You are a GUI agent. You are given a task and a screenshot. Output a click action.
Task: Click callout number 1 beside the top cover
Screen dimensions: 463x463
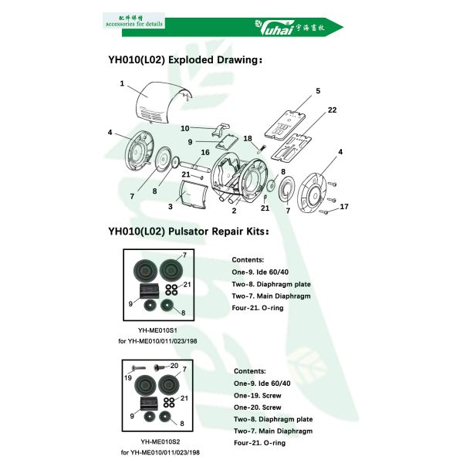(x=122, y=83)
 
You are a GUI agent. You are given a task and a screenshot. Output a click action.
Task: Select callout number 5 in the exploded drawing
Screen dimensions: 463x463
(x=317, y=92)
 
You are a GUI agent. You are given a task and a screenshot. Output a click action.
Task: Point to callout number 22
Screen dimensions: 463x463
(x=332, y=110)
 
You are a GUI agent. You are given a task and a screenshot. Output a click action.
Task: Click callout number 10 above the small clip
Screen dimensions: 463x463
(x=185, y=127)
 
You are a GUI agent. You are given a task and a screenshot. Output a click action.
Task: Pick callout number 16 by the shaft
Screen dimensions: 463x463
(x=204, y=153)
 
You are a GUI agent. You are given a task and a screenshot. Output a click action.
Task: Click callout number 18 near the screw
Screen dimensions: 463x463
(x=248, y=138)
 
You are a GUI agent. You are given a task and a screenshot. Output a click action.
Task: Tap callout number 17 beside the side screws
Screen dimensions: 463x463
(x=344, y=206)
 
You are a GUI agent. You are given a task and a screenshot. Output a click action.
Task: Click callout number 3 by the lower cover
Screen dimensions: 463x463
(x=171, y=206)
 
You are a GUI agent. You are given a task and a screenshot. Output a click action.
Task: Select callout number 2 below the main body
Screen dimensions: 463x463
(x=234, y=210)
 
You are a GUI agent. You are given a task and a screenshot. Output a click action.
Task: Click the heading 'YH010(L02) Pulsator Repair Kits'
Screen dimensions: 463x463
(x=189, y=230)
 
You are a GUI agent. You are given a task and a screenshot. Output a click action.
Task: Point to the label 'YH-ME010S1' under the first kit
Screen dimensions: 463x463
(x=158, y=329)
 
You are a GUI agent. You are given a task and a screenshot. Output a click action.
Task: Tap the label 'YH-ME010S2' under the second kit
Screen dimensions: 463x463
(x=158, y=442)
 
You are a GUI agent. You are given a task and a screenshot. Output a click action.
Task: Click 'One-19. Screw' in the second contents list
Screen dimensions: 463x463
(x=257, y=396)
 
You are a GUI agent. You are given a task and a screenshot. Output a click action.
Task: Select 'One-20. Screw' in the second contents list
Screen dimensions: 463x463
(x=257, y=407)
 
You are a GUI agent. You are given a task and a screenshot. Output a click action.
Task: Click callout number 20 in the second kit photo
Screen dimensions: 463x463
(x=174, y=366)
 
